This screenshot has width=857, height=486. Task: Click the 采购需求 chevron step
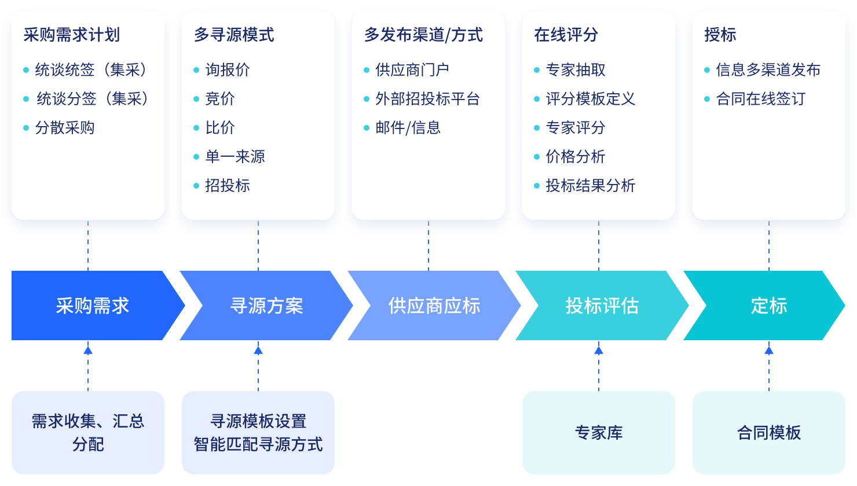pos(93,305)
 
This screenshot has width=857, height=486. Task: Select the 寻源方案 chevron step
pos(266,305)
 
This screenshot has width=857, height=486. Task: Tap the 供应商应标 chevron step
pos(434,305)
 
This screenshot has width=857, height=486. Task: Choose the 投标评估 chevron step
pos(602,305)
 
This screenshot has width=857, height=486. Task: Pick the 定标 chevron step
pos(769,305)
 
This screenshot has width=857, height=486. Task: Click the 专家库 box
pos(599,433)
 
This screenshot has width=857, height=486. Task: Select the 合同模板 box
pos(769,433)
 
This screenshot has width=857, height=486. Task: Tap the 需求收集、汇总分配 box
pos(88,433)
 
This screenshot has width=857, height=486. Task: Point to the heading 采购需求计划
pos(72,35)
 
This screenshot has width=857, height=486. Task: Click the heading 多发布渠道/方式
pos(423,35)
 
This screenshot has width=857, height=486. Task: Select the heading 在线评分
pos(566,35)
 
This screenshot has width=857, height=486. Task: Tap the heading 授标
pos(720,35)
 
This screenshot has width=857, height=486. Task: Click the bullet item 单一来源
pos(235,157)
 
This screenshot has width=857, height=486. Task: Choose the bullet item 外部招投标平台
pos(427,99)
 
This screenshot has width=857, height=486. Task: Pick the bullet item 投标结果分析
pos(591,186)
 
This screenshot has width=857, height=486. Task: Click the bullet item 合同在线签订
pos(760,99)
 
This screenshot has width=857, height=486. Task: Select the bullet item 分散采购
pos(65,128)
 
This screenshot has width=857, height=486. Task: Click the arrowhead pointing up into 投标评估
pos(599,349)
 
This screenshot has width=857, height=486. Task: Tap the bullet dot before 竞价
pos(196,99)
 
